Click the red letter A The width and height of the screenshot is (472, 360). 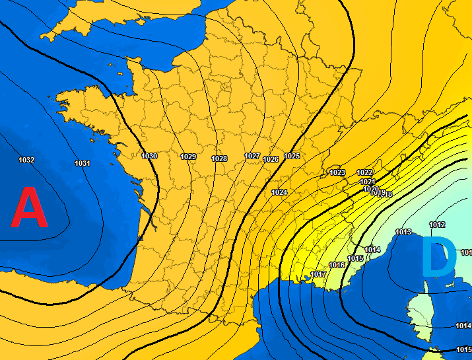(30, 208)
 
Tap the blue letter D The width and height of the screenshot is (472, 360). (438, 258)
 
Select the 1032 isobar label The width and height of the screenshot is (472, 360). (26, 161)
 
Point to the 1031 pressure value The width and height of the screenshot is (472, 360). (83, 163)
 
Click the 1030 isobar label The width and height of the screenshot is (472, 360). (149, 156)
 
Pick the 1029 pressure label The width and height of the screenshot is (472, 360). (188, 157)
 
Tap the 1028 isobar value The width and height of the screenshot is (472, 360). (219, 159)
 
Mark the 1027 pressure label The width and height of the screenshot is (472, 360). (252, 156)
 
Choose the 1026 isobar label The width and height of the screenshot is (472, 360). (271, 159)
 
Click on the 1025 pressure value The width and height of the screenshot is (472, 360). (292, 156)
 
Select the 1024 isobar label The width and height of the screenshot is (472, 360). (279, 192)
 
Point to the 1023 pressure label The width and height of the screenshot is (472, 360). (337, 172)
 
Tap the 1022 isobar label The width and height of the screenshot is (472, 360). (364, 172)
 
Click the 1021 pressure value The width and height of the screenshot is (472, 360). (368, 182)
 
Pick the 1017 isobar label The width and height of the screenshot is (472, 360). (318, 274)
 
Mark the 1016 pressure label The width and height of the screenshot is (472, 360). (337, 265)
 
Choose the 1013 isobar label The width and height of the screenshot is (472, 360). (403, 232)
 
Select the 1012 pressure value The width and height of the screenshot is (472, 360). (437, 225)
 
